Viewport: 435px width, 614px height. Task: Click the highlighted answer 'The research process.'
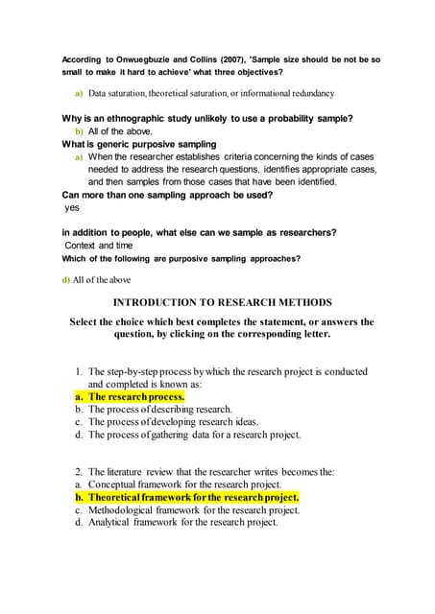pyautogui.click(x=136, y=396)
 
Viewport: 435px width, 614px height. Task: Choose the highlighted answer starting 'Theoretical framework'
pyautogui.click(x=193, y=498)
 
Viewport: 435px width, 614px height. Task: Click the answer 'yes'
pyautogui.click(x=72, y=206)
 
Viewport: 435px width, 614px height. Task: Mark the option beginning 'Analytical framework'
pyautogui.click(x=182, y=523)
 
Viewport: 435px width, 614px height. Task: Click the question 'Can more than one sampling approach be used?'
pyautogui.click(x=167, y=194)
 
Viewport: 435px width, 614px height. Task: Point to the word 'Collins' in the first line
pyautogui.click(x=187, y=59)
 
